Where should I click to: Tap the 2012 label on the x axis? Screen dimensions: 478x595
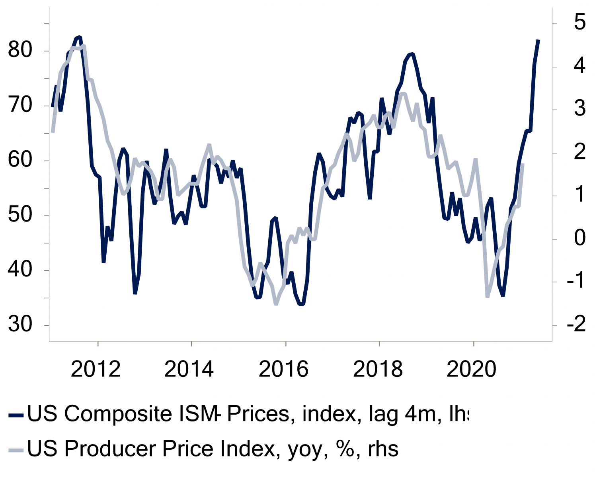pos(96,369)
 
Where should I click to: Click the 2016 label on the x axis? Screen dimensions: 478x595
pos(283,369)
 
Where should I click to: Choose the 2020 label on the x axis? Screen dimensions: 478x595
pos(472,369)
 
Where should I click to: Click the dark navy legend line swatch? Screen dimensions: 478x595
pos(16,415)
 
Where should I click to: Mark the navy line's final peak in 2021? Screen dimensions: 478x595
pos(538,40)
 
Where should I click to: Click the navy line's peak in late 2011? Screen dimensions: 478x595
pos(79,37)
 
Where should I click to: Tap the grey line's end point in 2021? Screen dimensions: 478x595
pos(522,165)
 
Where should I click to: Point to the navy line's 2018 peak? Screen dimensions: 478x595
pos(412,54)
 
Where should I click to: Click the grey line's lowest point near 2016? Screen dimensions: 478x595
pos(276,304)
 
